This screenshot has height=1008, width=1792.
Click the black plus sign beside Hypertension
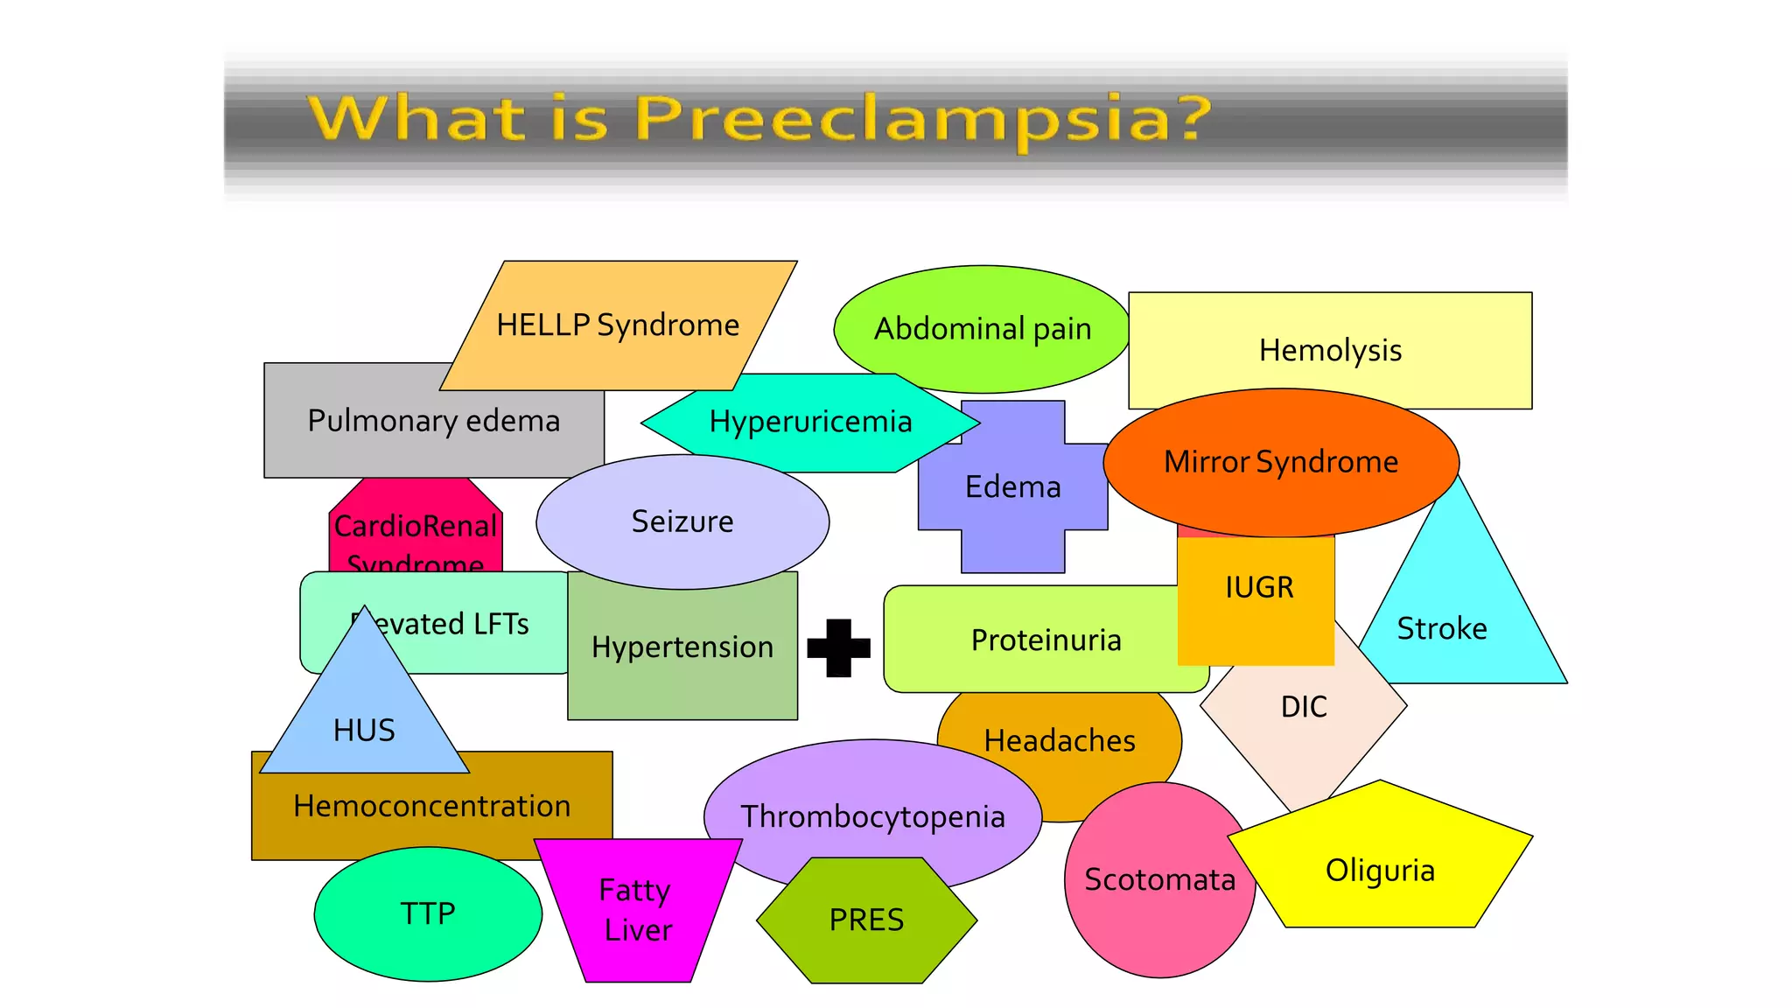click(x=838, y=648)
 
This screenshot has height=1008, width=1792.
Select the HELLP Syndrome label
click(x=618, y=325)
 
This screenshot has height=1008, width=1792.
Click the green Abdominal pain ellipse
click(x=982, y=329)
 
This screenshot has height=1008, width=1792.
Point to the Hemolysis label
click(x=1330, y=350)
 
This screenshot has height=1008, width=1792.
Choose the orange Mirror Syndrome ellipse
click(x=1280, y=462)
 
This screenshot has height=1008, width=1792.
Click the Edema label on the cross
click(x=1012, y=487)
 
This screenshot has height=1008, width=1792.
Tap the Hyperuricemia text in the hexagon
click(x=810, y=422)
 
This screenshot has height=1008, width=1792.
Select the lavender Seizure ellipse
click(x=682, y=521)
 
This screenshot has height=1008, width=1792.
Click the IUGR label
click(x=1258, y=587)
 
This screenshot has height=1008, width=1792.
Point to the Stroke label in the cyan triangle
click(x=1441, y=628)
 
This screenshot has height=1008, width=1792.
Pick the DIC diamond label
click(x=1303, y=707)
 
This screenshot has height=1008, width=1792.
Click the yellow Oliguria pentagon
click(x=1380, y=871)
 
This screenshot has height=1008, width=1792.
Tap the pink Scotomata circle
click(x=1159, y=879)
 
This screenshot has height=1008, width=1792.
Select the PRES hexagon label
click(x=866, y=920)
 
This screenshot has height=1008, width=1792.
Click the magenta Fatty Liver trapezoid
click(x=637, y=910)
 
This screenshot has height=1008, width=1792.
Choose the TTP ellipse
click(x=428, y=913)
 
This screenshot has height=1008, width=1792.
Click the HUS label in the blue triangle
click(x=364, y=731)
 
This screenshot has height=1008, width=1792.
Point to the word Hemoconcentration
click(x=431, y=806)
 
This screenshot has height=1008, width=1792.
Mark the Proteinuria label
click(x=1046, y=640)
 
